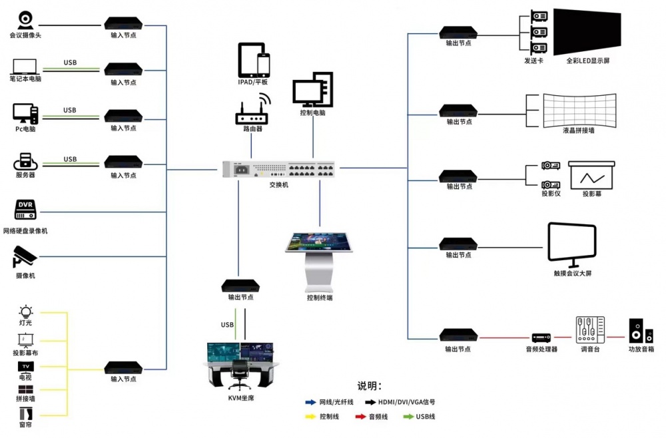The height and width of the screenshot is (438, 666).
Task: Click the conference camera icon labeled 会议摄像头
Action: [25, 19]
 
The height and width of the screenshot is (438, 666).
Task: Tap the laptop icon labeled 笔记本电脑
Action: [25, 66]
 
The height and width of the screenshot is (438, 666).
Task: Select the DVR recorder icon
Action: [25, 210]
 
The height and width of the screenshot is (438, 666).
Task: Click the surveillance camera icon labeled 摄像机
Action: [25, 257]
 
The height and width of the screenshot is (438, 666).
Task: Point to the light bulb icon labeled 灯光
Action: [26, 311]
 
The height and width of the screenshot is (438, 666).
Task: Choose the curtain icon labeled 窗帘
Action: [26, 412]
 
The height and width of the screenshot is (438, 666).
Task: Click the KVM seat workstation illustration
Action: [238, 367]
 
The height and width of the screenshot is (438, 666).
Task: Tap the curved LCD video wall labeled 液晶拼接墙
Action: [579, 109]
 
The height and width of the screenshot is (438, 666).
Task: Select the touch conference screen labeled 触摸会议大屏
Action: [571, 244]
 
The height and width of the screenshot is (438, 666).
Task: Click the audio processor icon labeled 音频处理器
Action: [540, 337]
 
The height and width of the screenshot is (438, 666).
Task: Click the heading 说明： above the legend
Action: [370, 386]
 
